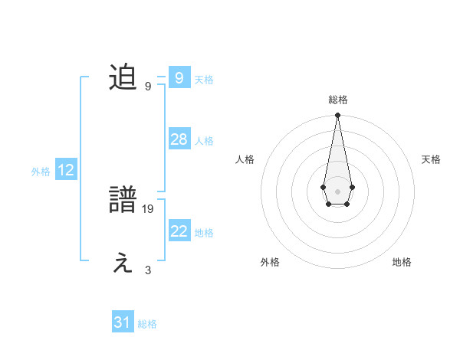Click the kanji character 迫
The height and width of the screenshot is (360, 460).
pyautogui.click(x=123, y=78)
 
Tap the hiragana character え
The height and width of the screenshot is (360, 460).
pyautogui.click(x=123, y=263)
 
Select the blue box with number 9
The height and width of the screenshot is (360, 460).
pyautogui.click(x=179, y=78)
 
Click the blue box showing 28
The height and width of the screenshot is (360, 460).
pyautogui.click(x=179, y=139)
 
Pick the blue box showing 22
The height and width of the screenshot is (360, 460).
pyautogui.click(x=179, y=231)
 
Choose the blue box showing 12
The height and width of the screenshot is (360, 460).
pyautogui.click(x=66, y=171)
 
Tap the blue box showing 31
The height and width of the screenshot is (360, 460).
pyautogui.click(x=122, y=322)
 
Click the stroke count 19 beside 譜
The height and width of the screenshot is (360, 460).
pyautogui.click(x=149, y=208)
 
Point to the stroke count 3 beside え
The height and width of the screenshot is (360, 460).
pyautogui.click(x=148, y=270)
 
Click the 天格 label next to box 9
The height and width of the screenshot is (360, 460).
pyautogui.click(x=204, y=80)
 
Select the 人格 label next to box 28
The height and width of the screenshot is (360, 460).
pyautogui.click(x=204, y=141)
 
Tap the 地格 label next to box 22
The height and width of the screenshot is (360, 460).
pyautogui.click(x=204, y=233)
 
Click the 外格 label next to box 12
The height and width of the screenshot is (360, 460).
pyautogui.click(x=41, y=172)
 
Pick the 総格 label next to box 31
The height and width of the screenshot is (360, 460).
pyautogui.click(x=147, y=324)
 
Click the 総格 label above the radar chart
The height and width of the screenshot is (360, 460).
pyautogui.click(x=337, y=100)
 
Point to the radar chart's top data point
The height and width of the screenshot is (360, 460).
pyautogui.click(x=337, y=116)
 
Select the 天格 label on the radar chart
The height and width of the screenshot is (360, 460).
pyautogui.click(x=432, y=159)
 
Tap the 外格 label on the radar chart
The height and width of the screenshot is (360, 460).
pyautogui.click(x=270, y=262)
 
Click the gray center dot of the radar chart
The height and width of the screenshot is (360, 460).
pyautogui.click(x=337, y=190)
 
